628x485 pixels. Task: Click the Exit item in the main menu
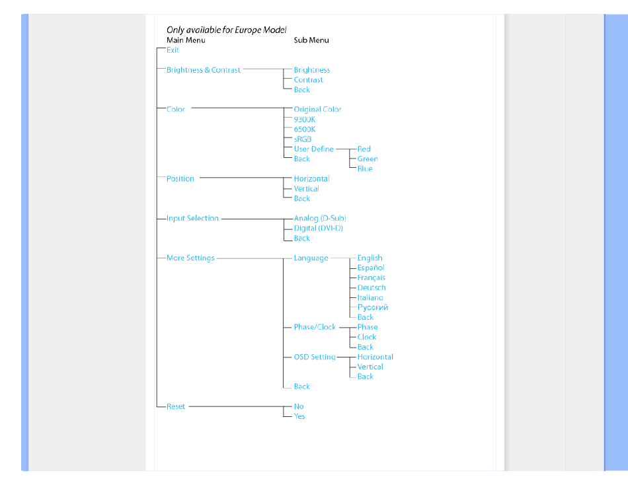[x=173, y=50]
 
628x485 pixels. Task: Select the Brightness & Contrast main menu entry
[x=204, y=69]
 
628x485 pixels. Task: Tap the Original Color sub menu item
[x=317, y=109]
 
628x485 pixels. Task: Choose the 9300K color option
[x=305, y=120]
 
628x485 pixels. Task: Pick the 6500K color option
[x=305, y=130]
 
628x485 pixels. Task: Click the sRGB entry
[x=303, y=139]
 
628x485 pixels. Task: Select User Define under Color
[x=314, y=149]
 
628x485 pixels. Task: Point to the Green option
[x=368, y=159]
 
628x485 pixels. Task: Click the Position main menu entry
[x=180, y=178]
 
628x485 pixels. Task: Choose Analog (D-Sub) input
[x=320, y=218]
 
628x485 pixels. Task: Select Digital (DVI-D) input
[x=319, y=228]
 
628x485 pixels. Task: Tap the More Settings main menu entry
[x=190, y=258]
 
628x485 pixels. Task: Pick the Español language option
[x=371, y=268]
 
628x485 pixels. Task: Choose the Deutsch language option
[x=372, y=287]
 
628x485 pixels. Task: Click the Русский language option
[x=373, y=307]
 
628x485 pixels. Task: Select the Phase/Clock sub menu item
[x=315, y=327]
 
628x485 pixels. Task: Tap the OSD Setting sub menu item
[x=315, y=357]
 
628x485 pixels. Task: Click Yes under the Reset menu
[x=299, y=416]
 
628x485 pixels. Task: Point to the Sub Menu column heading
[x=311, y=40]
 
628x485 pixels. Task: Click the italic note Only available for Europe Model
[x=227, y=30]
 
